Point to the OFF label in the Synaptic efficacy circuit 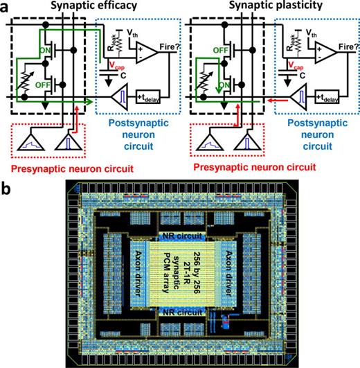[x=49, y=85]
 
